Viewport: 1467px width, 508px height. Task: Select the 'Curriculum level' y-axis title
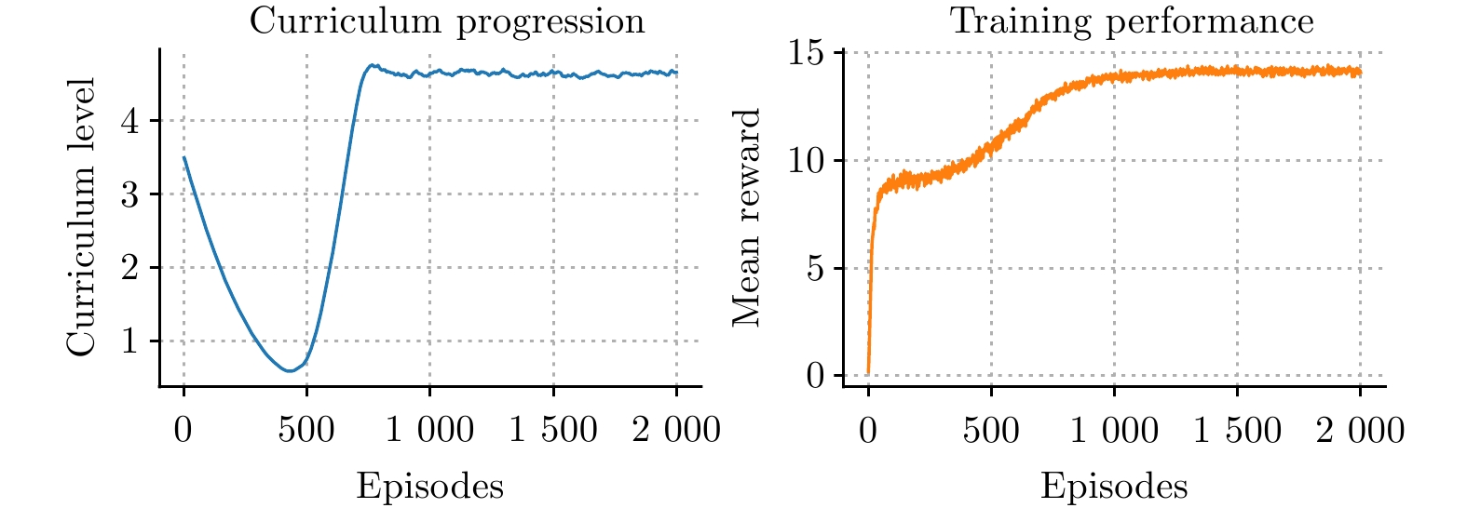(82, 218)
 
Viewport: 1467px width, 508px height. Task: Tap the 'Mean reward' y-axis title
(747, 218)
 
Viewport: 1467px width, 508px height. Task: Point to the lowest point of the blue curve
(289, 370)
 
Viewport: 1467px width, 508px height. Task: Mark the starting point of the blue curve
(184, 157)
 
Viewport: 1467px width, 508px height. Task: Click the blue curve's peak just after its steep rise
(373, 65)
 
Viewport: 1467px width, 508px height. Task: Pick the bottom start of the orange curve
(868, 373)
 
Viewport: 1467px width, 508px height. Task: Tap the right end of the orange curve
(1360, 72)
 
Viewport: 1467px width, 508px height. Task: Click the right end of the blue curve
(676, 73)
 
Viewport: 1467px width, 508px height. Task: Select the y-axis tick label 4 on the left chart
(130, 121)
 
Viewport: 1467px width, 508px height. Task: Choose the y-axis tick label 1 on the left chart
(130, 341)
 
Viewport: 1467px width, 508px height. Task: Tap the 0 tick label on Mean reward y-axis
(816, 376)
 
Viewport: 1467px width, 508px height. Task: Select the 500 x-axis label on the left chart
(306, 430)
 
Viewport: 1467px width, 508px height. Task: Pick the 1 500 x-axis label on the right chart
(1237, 430)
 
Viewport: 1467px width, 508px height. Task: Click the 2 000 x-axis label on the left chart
(676, 430)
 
